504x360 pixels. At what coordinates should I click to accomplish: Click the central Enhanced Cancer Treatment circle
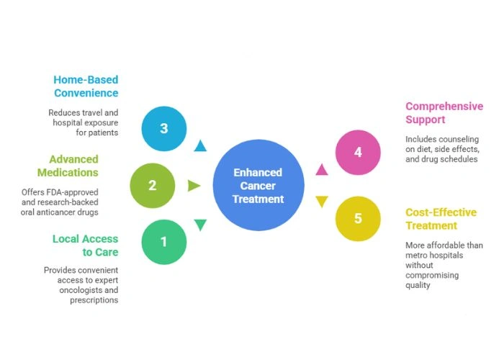258,186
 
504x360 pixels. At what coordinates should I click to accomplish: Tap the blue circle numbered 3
164,129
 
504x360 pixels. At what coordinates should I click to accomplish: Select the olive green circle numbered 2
152,186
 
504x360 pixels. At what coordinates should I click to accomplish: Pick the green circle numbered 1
163,242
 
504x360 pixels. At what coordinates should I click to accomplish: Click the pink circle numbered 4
358,153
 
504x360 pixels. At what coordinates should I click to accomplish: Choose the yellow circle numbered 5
358,219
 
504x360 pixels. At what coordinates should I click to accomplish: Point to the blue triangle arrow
200,147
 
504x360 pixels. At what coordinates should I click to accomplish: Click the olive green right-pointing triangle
194,186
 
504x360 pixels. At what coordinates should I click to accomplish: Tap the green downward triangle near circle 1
200,225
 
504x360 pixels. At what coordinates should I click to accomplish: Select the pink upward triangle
322,171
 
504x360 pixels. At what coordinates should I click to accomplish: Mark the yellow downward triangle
322,202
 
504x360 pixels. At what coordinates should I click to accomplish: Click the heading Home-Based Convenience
86,86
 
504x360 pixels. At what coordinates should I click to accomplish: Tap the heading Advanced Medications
73,166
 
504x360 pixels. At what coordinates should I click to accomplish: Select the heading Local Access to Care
85,245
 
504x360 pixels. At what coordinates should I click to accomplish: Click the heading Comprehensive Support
444,113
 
